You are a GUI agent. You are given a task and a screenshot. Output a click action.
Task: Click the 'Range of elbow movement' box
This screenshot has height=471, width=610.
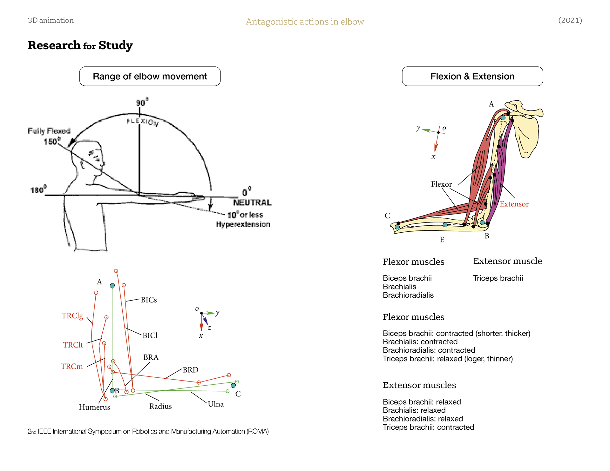(150, 76)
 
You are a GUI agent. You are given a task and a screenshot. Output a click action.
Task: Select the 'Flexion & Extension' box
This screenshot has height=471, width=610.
(472, 76)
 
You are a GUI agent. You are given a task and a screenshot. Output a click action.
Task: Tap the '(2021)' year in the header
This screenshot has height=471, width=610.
(570, 20)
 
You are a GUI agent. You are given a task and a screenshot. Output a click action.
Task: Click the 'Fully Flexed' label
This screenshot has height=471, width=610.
(49, 131)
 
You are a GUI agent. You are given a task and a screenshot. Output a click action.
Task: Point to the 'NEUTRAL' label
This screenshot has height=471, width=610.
(252, 202)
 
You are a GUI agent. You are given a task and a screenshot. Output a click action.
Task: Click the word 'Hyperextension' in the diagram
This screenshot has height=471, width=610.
(243, 224)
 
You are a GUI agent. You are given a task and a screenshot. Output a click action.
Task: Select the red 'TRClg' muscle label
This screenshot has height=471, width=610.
(72, 316)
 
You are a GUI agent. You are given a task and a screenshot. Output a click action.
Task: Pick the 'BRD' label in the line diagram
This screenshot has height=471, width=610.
(190, 370)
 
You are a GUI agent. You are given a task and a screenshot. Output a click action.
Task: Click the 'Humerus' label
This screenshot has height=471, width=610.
(94, 407)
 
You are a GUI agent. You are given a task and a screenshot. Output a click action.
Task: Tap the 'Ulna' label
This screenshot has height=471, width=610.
(216, 404)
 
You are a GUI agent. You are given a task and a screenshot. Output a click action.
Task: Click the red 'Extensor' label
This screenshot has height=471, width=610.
(514, 204)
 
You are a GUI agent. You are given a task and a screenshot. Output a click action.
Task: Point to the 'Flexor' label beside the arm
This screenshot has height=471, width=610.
(441, 184)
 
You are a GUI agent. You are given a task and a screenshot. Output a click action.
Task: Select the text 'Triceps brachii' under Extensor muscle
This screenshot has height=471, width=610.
(498, 278)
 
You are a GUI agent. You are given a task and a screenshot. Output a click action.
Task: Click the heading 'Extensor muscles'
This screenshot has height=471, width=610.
(419, 385)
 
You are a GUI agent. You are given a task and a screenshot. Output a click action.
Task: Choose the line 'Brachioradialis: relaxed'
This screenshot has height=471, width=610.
(423, 419)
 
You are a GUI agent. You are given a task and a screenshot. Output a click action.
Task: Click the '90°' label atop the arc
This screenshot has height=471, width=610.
(141, 103)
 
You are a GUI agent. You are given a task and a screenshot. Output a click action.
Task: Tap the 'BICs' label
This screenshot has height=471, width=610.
(149, 300)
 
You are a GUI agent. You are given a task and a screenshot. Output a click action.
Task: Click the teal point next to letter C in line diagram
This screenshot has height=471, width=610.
(234, 386)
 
